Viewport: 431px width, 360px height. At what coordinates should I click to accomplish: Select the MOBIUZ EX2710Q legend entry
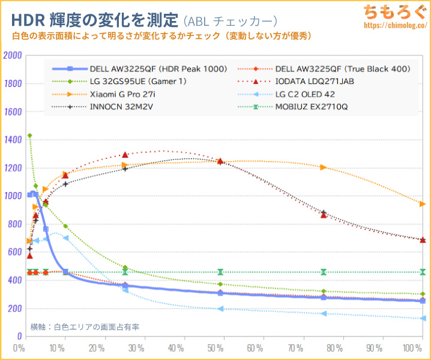[x=312, y=107]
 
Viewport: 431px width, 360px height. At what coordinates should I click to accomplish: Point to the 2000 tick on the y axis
[x=13, y=55]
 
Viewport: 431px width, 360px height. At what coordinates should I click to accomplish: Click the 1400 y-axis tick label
[x=13, y=140]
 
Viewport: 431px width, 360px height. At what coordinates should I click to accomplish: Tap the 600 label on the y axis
[x=14, y=252]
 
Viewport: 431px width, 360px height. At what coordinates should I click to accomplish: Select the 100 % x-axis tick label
[x=413, y=348]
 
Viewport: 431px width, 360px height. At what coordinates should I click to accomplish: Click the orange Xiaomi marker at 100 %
[x=423, y=204]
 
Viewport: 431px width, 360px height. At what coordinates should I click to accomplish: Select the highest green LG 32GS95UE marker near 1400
[x=29, y=136]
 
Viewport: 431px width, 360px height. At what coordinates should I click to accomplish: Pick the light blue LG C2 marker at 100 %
[x=423, y=318]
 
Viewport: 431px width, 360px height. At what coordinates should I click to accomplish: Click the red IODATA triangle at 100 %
[x=423, y=239]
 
